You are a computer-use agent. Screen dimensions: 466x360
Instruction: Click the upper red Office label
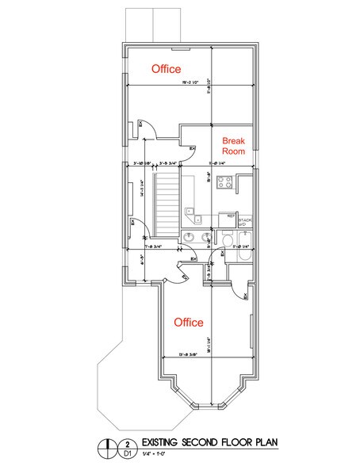click(x=166, y=70)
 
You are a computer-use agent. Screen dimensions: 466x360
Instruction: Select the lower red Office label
click(x=188, y=323)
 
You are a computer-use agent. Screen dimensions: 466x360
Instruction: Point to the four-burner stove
click(x=225, y=183)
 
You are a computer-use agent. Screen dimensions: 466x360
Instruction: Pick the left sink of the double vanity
click(x=190, y=239)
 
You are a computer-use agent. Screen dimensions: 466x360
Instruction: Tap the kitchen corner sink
click(x=191, y=212)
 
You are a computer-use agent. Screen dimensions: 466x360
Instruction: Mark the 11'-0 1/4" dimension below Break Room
click(x=221, y=164)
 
